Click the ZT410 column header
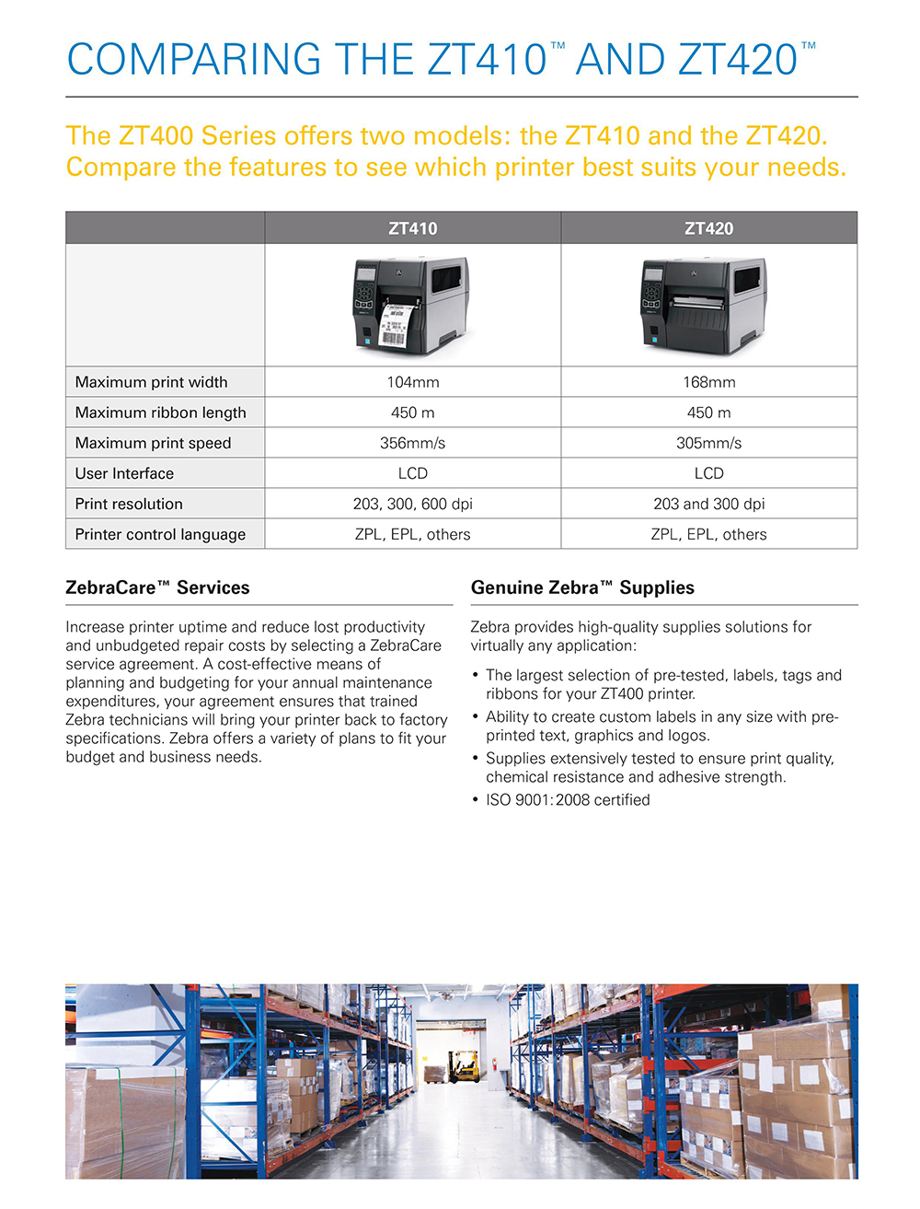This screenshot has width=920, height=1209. (412, 228)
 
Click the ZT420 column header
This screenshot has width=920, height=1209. (708, 228)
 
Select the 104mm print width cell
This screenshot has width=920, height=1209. (412, 382)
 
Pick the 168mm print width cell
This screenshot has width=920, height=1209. (708, 382)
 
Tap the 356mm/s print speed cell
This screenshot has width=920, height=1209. (412, 443)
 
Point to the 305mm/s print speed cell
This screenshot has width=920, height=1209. (708, 443)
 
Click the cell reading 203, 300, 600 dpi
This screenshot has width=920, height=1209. (412, 504)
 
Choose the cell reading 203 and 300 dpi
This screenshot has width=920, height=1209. (708, 504)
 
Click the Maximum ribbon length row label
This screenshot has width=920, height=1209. (160, 413)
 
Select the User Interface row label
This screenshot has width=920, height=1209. (124, 473)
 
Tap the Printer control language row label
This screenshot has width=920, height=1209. (160, 534)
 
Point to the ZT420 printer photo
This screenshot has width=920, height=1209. (704, 305)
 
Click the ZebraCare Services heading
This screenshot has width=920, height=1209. (157, 587)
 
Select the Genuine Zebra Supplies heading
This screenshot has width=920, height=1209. (582, 587)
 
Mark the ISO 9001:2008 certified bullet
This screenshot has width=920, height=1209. (568, 800)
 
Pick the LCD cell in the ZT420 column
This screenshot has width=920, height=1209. (708, 473)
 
